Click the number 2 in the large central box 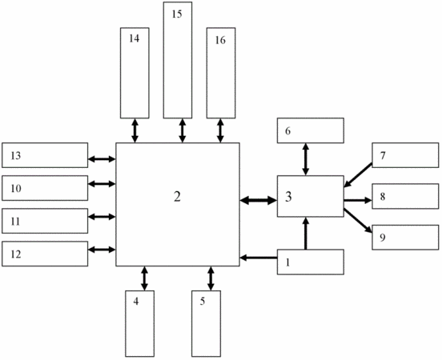pos(177,197)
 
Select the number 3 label pos(288,197)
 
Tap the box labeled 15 pos(178,60)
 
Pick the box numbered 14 pos(135,73)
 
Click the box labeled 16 pos(221,73)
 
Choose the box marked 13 pos(45,155)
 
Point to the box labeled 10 pos(45,188)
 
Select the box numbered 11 pos(45,221)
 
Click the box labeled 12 pos(45,254)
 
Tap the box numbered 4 pos(140,324)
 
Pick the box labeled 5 pos(206,324)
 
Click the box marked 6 pos(311,130)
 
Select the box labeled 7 pos(405,155)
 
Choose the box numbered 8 pos(405,196)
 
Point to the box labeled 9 pos(405,237)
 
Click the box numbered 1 pos(311,262)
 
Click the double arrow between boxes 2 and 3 pos(259,201)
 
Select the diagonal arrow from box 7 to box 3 pos(358,175)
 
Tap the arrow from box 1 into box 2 pos(259,258)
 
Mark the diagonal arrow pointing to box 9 pos(358,221)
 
